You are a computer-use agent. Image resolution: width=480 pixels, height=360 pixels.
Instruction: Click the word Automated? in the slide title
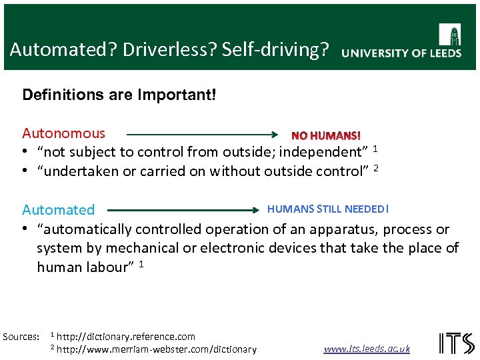(x=54, y=50)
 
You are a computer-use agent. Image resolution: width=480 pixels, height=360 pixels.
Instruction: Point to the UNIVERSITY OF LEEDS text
(x=401, y=53)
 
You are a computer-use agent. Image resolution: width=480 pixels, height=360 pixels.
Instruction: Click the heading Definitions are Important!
(x=119, y=94)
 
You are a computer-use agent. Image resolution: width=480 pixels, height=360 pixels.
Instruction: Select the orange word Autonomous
(x=63, y=133)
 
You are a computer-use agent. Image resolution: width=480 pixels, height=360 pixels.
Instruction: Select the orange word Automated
(x=59, y=209)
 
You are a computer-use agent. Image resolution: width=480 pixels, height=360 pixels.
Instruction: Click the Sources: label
(x=21, y=337)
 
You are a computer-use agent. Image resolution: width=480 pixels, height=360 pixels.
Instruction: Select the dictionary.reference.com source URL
(x=126, y=337)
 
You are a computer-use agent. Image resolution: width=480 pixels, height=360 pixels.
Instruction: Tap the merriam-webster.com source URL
(x=157, y=349)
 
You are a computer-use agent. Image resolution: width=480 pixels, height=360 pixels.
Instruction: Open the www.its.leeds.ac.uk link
(x=367, y=349)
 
